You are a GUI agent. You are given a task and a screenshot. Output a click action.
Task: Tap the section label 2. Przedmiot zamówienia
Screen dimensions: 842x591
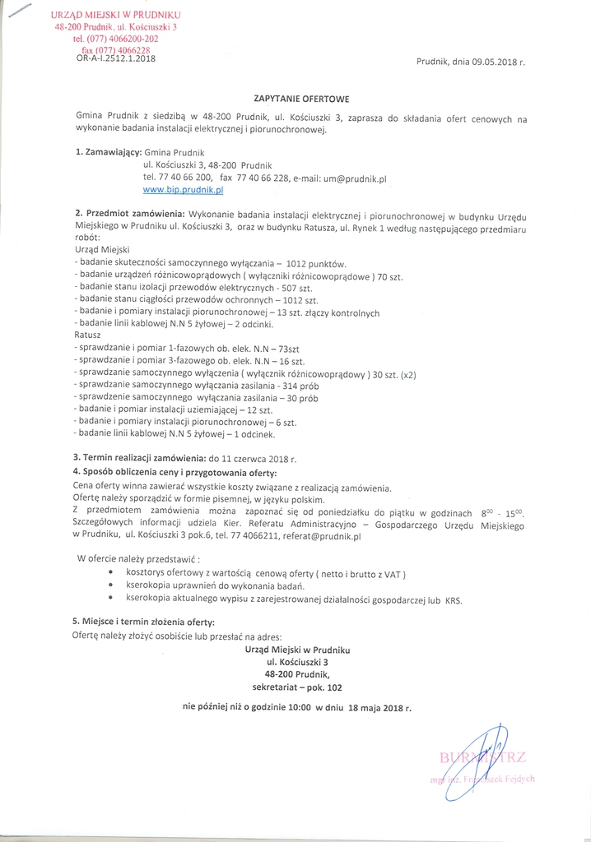click(x=129, y=214)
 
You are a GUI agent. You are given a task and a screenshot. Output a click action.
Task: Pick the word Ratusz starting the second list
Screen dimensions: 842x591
click(x=87, y=336)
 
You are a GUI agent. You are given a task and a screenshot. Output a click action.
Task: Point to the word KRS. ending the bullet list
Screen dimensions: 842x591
click(x=454, y=600)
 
